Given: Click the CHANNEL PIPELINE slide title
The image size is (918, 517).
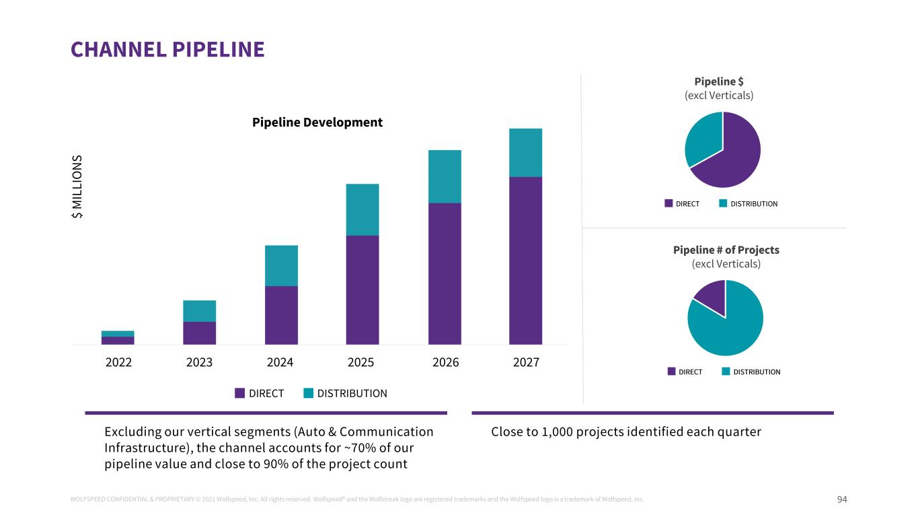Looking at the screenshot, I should click(167, 49).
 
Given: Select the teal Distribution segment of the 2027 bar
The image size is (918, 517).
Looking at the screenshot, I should click(525, 153).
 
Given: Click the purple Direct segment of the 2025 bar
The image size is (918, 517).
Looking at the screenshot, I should click(362, 289).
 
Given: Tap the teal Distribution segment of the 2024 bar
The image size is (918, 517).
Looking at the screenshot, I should click(281, 266).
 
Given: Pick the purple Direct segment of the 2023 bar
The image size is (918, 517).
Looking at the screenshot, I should click(199, 333).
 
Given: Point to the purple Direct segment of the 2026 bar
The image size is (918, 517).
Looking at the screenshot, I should click(445, 273).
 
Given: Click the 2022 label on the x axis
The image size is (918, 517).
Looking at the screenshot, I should click(118, 363).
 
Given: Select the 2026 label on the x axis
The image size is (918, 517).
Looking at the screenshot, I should click(445, 363).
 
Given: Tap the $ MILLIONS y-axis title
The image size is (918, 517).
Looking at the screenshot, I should click(78, 186).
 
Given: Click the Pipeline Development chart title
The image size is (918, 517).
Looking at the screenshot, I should click(317, 123).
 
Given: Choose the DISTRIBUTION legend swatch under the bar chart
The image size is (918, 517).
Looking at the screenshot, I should click(309, 393).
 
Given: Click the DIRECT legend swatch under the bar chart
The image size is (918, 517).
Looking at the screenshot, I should click(240, 393).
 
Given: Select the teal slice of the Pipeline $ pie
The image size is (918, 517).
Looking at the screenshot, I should click(701, 139).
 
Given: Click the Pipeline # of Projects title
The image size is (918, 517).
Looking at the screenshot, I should click(726, 250).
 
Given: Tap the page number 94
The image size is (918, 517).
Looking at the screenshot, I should click(842, 499).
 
